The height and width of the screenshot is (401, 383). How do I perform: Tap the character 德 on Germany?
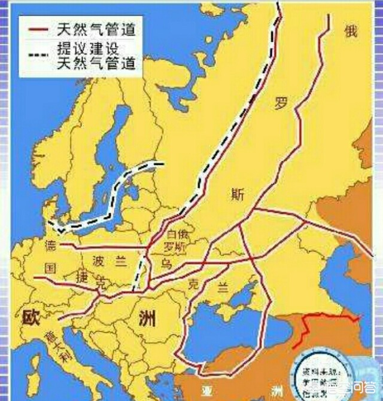[x=50, y=246]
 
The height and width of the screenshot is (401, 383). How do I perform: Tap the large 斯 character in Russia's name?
[x=237, y=193]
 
